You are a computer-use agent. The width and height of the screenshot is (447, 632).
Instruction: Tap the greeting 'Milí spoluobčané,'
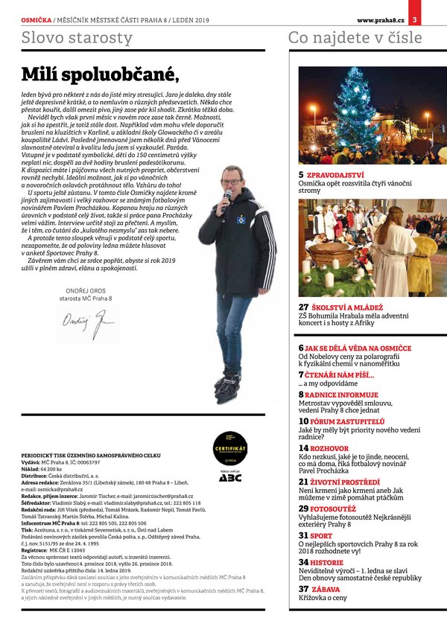pyautogui.click(x=101, y=74)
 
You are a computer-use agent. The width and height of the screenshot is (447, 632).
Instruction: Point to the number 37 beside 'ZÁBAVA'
pyautogui.click(x=304, y=588)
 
